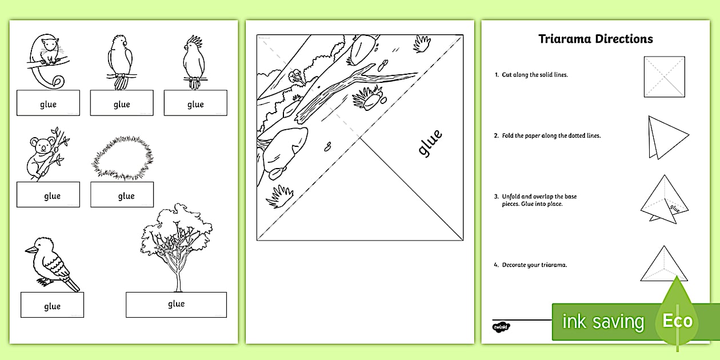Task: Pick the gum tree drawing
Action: pyautogui.click(x=177, y=243)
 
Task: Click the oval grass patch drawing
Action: pyautogui.click(x=122, y=158)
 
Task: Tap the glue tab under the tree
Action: pyautogui.click(x=176, y=305)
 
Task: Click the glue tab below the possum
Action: pyautogui.click(x=48, y=103)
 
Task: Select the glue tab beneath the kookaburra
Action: pyautogui.click(x=52, y=305)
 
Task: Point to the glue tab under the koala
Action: pyautogui.click(x=48, y=195)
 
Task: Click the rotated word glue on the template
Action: pyautogui.click(x=430, y=143)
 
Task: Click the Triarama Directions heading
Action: pyautogui.click(x=595, y=39)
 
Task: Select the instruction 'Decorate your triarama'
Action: pyautogui.click(x=534, y=265)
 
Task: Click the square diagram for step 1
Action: pyautogui.click(x=664, y=76)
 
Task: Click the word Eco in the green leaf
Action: pyautogui.click(x=677, y=321)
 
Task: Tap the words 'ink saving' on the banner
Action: pyautogui.click(x=602, y=322)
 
